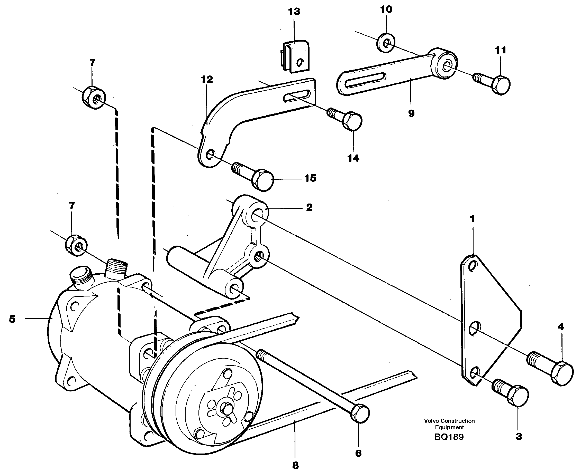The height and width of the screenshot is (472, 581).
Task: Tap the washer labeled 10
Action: tap(386, 43)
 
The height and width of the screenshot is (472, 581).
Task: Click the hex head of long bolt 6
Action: tap(360, 413)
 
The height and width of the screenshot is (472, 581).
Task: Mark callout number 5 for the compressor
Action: tap(12, 319)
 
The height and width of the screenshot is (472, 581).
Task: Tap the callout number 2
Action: tap(309, 207)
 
